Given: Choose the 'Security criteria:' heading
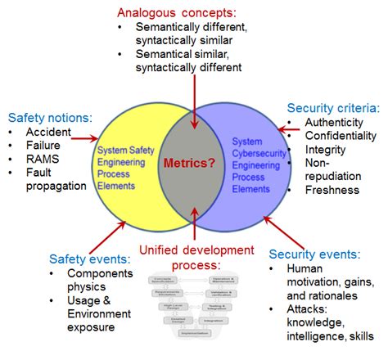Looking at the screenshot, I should click(333, 108).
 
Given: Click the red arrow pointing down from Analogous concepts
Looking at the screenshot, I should click(194, 98).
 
